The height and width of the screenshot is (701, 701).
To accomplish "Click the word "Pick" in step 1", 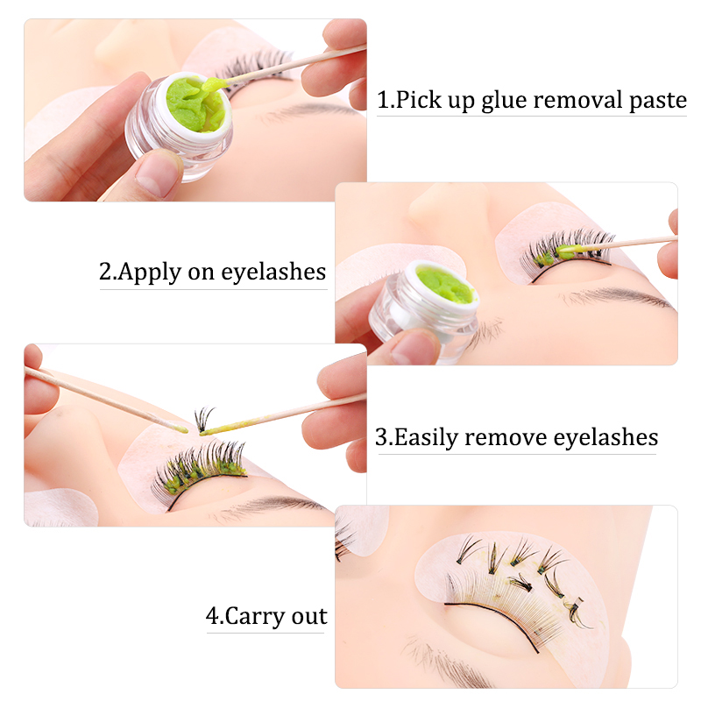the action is [x=418, y=100].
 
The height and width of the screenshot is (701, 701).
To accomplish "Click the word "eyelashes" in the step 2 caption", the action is [x=273, y=272].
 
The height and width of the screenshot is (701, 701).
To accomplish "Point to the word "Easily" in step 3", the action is [x=426, y=437].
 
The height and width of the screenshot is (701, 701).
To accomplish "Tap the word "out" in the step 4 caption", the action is [x=309, y=617].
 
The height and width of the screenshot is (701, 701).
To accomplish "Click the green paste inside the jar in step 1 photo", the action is [x=195, y=104].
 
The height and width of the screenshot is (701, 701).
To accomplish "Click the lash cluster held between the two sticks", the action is [x=204, y=419].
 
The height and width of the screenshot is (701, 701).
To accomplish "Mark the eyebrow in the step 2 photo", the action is [x=617, y=297].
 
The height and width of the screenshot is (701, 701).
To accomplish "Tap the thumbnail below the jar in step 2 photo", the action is [x=414, y=347].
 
